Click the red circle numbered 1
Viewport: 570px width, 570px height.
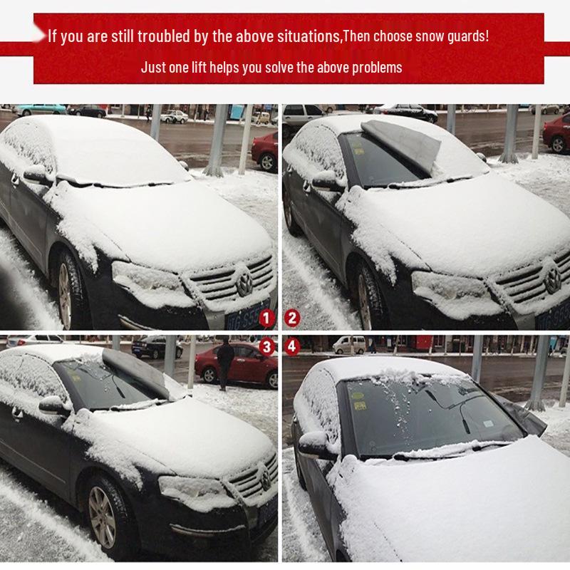(x=266, y=318)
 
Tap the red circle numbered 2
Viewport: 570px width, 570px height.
(x=291, y=318)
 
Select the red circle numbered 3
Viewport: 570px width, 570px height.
(x=266, y=347)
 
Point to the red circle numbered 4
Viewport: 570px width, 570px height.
(x=291, y=347)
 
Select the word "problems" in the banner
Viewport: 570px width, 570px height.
(x=375, y=68)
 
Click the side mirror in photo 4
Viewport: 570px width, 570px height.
(x=313, y=444)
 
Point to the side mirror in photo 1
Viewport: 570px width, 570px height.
(x=37, y=175)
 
